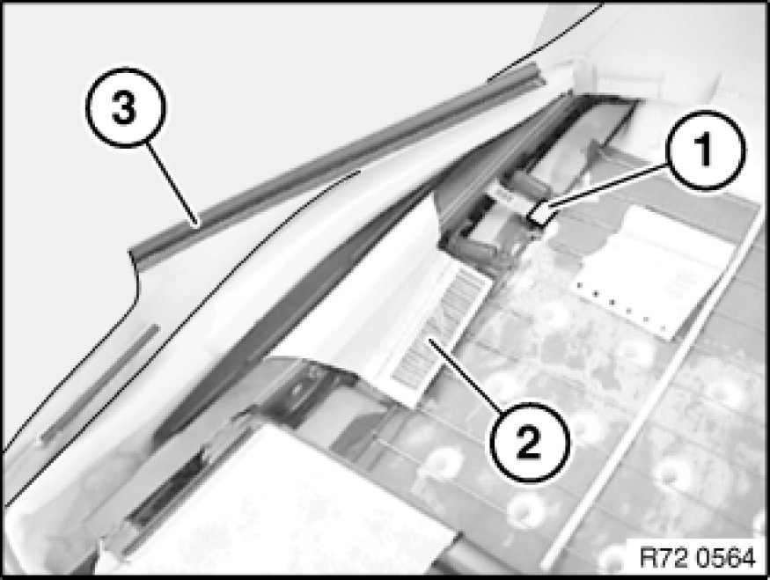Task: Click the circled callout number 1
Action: [x=705, y=151]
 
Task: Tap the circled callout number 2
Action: [x=530, y=443]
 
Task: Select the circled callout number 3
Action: [x=125, y=107]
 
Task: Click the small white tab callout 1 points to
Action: [x=539, y=215]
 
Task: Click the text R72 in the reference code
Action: [x=662, y=558]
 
